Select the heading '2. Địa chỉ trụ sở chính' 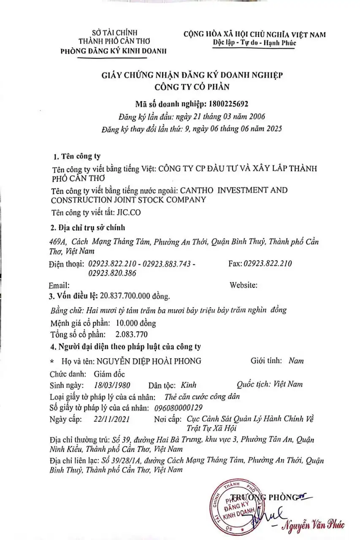88,228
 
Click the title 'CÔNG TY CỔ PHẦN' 192,87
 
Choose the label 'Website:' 244,285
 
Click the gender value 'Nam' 296,361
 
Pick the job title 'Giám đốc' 110,374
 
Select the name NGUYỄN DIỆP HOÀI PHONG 149,361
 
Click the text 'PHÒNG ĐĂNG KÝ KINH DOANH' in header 114,51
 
